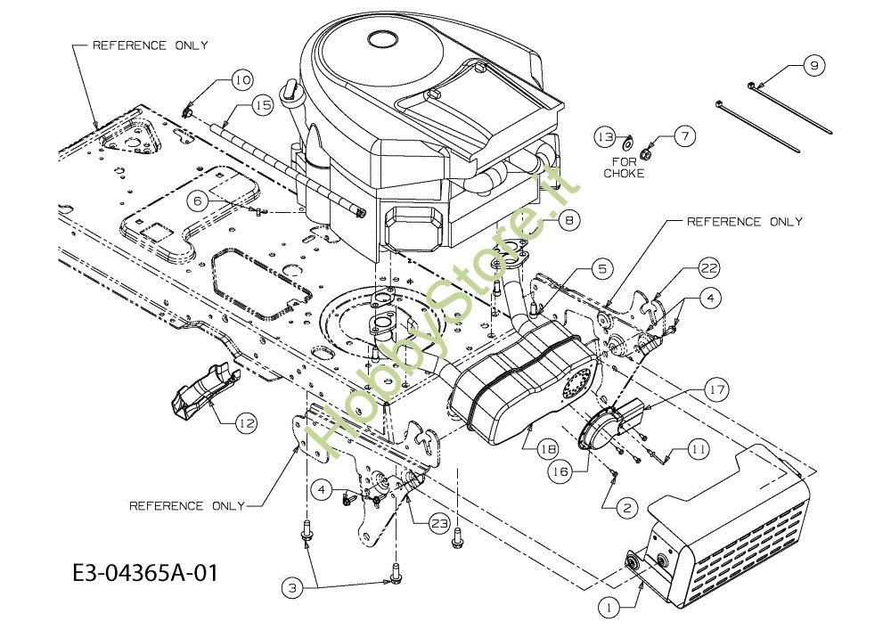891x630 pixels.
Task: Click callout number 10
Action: pos(242,79)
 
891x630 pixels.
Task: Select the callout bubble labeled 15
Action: pos(261,105)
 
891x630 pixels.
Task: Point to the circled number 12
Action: pos(246,424)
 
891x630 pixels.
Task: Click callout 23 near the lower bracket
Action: pos(437,524)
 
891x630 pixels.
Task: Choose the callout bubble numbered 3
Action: pos(292,586)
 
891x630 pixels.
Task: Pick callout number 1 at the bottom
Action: pos(608,608)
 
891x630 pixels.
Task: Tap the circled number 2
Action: pos(626,507)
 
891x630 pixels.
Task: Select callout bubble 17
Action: pos(718,389)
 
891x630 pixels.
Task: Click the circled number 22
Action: pos(708,267)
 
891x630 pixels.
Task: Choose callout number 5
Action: pos(602,266)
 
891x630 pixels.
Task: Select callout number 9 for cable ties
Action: pos(815,64)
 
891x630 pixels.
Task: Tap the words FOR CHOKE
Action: pos(623,168)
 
